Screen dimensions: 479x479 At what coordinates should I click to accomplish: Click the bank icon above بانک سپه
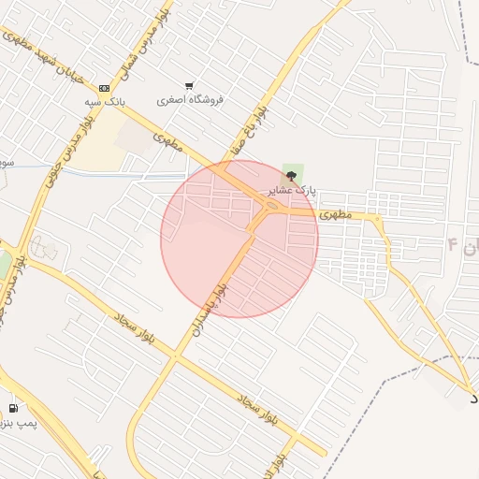[x=104, y=88]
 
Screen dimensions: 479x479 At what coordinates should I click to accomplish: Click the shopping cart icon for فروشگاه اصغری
[x=190, y=85]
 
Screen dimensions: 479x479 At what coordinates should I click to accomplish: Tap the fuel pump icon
[x=13, y=408]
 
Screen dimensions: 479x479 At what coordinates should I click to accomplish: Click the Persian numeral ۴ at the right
[x=454, y=245]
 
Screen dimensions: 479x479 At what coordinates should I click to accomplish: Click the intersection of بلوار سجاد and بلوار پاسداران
[x=174, y=356]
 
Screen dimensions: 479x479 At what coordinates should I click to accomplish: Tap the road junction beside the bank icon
[x=120, y=105]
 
